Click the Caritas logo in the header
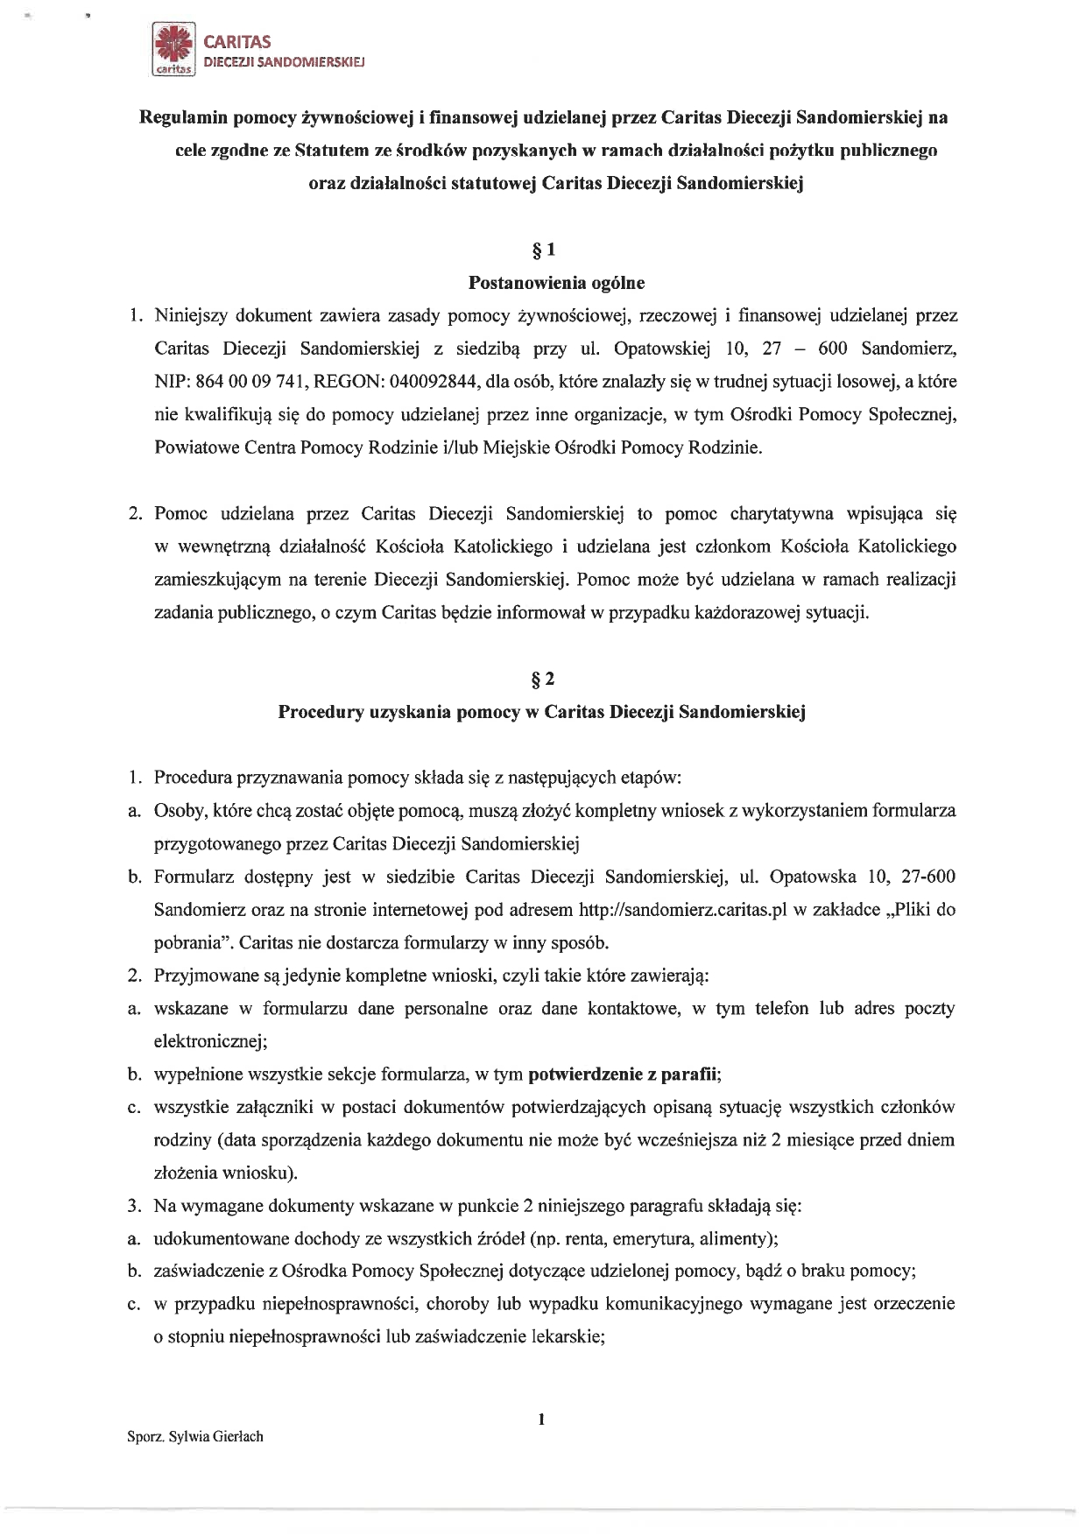tap(173, 52)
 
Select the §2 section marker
tap(542, 679)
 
